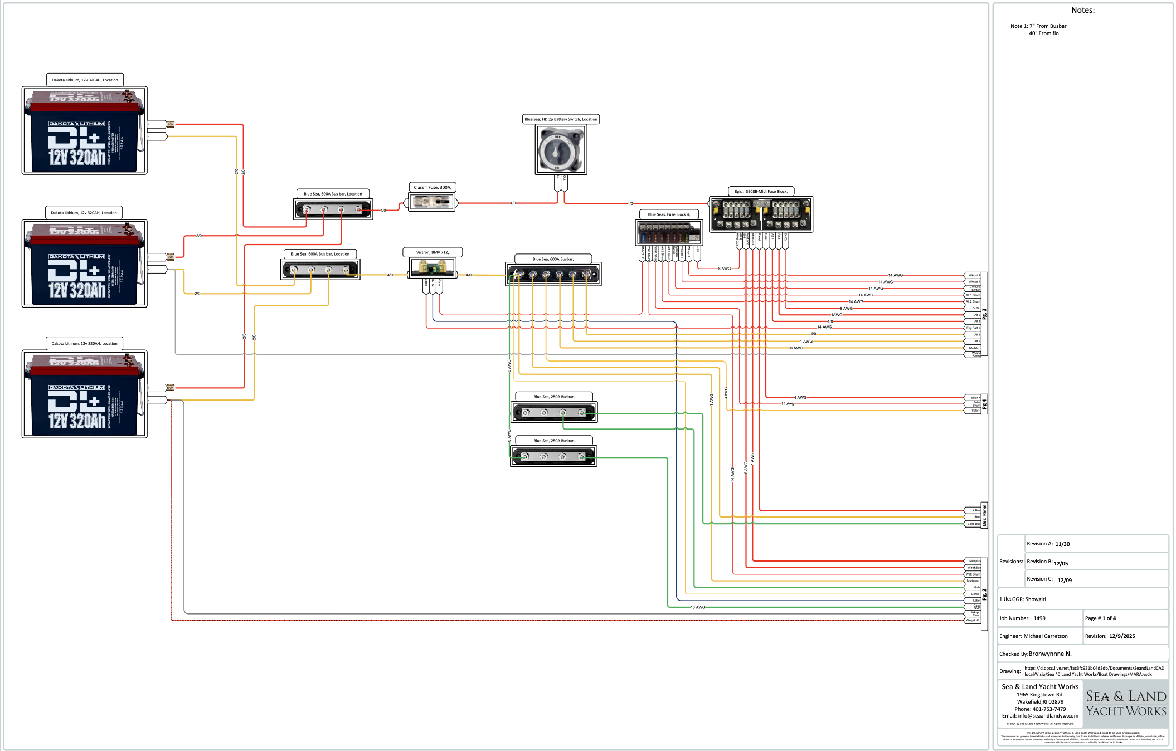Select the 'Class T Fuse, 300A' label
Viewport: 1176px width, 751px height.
[433, 187]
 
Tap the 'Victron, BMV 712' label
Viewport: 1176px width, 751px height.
[433, 252]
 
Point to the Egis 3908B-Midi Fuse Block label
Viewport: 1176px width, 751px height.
[761, 191]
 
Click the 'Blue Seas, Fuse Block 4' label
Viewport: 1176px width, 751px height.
[668, 214]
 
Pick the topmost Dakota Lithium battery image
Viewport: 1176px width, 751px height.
[84, 130]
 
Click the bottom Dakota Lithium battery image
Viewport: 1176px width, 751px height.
[84, 394]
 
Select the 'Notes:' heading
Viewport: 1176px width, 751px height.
[1082, 10]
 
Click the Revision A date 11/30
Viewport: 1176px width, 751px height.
[1062, 544]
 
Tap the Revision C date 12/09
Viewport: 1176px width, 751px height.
[1065, 581]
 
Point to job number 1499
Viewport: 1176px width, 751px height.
[1039, 618]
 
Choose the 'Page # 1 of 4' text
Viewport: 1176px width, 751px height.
[1100, 618]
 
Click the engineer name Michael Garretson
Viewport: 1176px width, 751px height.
[1046, 636]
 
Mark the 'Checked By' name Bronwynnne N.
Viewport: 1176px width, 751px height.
[1050, 654]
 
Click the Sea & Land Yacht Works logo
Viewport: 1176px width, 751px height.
[1126, 704]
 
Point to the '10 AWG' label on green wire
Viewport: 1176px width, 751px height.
[698, 607]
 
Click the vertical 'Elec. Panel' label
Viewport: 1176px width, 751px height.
[984, 515]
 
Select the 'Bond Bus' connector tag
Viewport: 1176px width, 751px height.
[973, 524]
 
